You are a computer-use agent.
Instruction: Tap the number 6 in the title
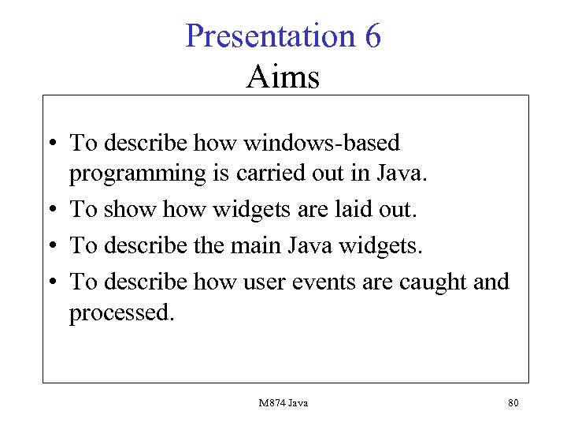coord(372,36)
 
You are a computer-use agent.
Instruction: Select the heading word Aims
coord(283,77)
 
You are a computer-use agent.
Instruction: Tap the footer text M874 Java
coord(283,403)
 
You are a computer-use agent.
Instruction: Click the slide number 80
coord(513,403)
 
